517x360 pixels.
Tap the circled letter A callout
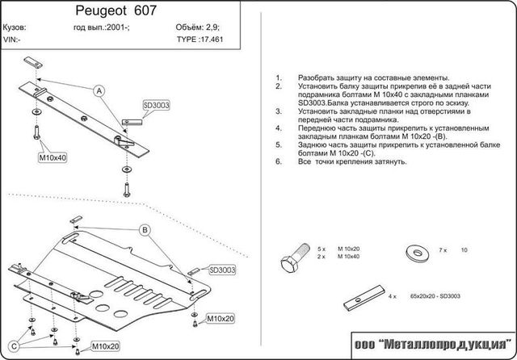(100, 90)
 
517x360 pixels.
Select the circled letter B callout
(145, 231)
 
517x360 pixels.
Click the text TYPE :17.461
(198, 37)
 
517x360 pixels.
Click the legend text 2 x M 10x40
(337, 256)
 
